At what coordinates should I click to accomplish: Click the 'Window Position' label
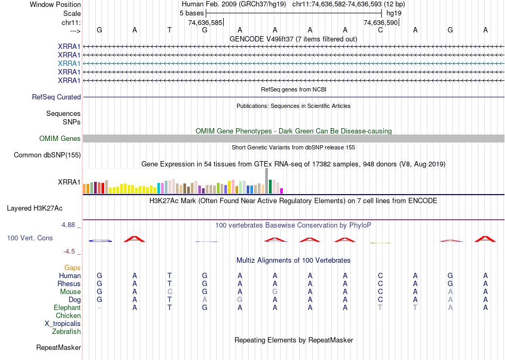click(55, 4)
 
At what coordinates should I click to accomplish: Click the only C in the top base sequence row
click(380, 30)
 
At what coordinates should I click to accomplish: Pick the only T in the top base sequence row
click(170, 30)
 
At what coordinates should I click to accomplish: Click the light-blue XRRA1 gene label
click(69, 63)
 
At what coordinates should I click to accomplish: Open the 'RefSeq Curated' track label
click(56, 97)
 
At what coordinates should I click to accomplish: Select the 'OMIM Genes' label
click(60, 139)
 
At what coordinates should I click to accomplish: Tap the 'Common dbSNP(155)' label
click(47, 155)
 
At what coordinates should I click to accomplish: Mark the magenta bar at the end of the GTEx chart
click(282, 191)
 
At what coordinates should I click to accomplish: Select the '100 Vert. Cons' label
click(30, 238)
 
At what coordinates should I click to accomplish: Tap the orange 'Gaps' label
click(72, 268)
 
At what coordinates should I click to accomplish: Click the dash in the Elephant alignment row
click(99, 308)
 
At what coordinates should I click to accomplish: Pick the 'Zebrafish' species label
click(66, 332)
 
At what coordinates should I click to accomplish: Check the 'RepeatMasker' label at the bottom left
click(58, 348)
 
